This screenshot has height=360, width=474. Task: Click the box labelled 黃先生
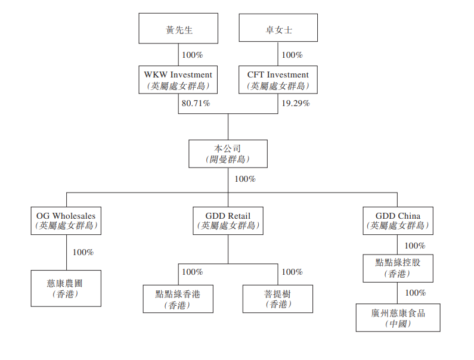(178, 29)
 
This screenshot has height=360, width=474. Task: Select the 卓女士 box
(278, 29)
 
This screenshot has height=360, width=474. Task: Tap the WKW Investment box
(178, 80)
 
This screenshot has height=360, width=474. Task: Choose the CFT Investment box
(278, 80)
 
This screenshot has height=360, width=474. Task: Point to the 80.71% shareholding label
(195, 103)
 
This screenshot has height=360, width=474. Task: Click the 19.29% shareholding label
(295, 103)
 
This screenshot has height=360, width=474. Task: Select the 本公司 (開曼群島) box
(228, 153)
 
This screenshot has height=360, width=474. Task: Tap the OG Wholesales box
(66, 221)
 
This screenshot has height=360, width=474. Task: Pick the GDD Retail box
(228, 221)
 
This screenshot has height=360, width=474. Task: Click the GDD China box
(398, 221)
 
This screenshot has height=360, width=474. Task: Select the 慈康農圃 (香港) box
(66, 288)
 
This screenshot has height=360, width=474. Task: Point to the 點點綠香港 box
(178, 299)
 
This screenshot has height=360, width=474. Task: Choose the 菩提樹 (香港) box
(278, 299)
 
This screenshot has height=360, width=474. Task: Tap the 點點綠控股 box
(398, 268)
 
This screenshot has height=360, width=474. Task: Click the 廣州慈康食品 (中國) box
(398, 318)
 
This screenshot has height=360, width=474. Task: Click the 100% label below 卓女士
(292, 55)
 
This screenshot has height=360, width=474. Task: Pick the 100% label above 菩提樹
(292, 272)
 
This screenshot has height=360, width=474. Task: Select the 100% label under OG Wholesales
(83, 252)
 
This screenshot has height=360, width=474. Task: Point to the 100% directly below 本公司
(245, 179)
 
